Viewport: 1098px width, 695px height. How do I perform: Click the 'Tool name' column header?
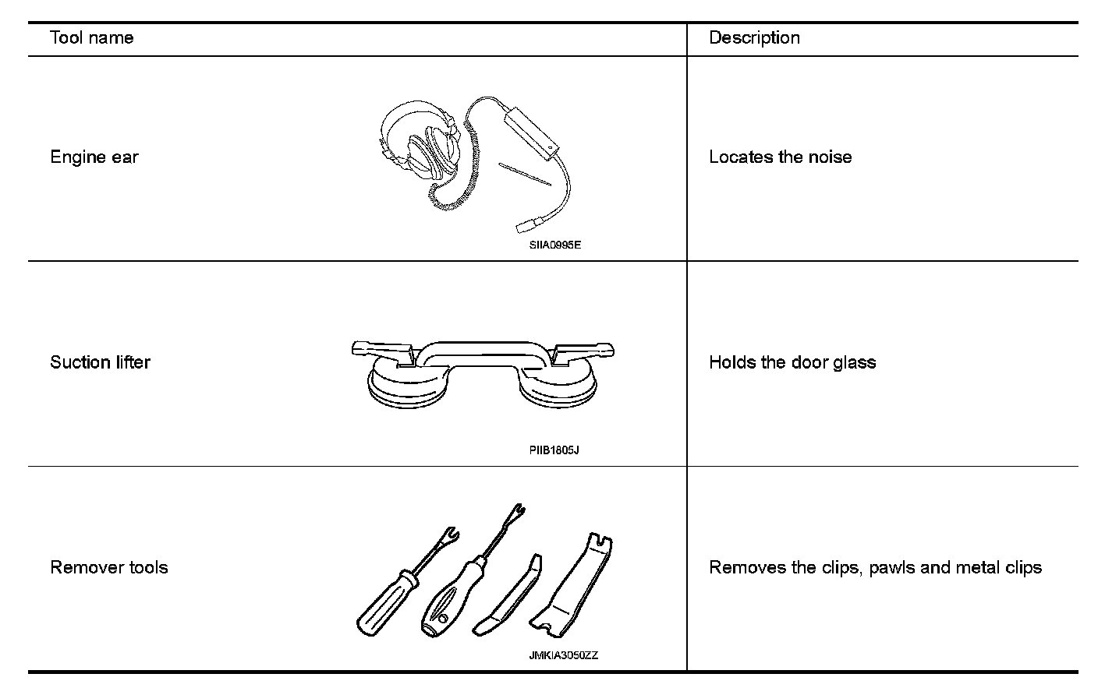click(91, 38)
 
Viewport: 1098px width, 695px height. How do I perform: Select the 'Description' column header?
click(754, 38)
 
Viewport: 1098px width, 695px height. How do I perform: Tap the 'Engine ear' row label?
click(94, 157)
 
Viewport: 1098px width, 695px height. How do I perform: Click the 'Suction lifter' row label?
click(100, 362)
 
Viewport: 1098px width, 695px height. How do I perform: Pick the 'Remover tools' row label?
click(109, 567)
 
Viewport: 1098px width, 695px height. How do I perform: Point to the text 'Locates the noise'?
click(780, 157)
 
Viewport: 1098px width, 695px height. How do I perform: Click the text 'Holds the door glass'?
click(792, 362)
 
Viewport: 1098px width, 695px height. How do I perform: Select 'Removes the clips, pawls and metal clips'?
click(875, 567)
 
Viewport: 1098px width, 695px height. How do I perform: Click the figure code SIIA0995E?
click(554, 245)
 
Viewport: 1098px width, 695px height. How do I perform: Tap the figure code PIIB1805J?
click(554, 450)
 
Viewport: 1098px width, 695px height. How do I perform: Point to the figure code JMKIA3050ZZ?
click(563, 655)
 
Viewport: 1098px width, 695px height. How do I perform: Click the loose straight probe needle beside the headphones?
click(524, 175)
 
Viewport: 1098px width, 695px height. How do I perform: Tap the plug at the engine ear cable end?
click(523, 227)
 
